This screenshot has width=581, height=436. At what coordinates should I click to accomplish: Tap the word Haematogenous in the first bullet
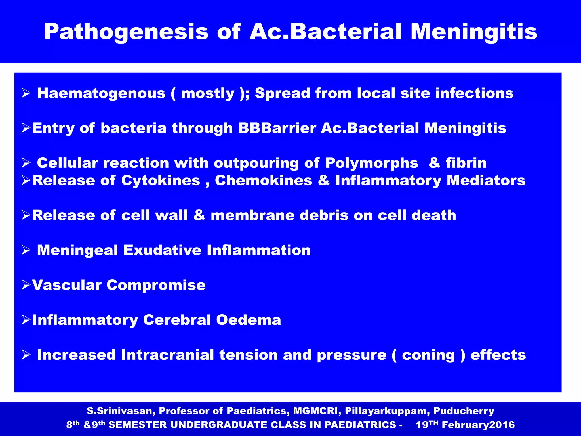[101, 93]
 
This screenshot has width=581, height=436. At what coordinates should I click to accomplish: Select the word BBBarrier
[277, 128]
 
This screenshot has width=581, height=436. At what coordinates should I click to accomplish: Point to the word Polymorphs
[371, 163]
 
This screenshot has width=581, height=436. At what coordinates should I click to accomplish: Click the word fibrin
[466, 163]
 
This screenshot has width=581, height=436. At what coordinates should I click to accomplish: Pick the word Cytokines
[161, 181]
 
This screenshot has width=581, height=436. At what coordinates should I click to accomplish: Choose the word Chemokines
[264, 181]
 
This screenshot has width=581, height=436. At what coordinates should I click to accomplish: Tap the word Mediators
[486, 181]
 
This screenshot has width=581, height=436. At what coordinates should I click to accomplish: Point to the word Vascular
[67, 285]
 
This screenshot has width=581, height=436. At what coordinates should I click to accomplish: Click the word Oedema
[249, 320]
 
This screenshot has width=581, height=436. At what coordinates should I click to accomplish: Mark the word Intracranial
[167, 355]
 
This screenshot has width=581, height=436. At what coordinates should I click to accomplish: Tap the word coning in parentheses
[428, 355]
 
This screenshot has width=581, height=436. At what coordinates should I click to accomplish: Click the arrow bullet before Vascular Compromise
[26, 285]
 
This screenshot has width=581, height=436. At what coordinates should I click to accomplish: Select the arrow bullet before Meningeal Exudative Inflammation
[26, 250]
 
